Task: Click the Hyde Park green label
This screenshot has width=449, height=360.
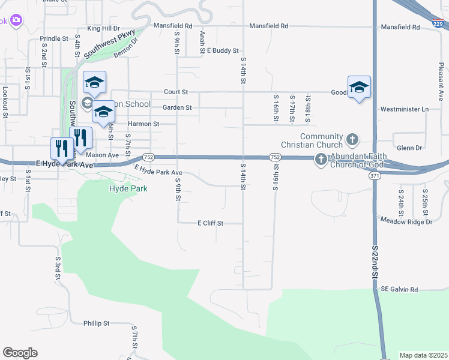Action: [128, 188]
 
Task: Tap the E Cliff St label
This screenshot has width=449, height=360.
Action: [210, 223]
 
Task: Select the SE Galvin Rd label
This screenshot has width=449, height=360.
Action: [399, 289]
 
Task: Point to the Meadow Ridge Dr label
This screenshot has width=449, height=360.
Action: [406, 221]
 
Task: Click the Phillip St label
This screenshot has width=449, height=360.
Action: [97, 323]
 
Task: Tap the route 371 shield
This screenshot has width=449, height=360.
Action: [375, 175]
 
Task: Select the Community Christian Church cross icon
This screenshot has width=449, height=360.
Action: [352, 140]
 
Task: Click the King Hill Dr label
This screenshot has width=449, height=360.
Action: [103, 28]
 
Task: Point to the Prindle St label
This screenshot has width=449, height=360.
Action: [54, 38]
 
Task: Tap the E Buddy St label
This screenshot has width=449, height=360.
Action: [218, 51]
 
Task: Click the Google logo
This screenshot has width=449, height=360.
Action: [20, 353]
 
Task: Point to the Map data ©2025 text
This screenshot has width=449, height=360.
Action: [423, 355]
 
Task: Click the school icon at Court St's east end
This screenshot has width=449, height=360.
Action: [359, 88]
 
